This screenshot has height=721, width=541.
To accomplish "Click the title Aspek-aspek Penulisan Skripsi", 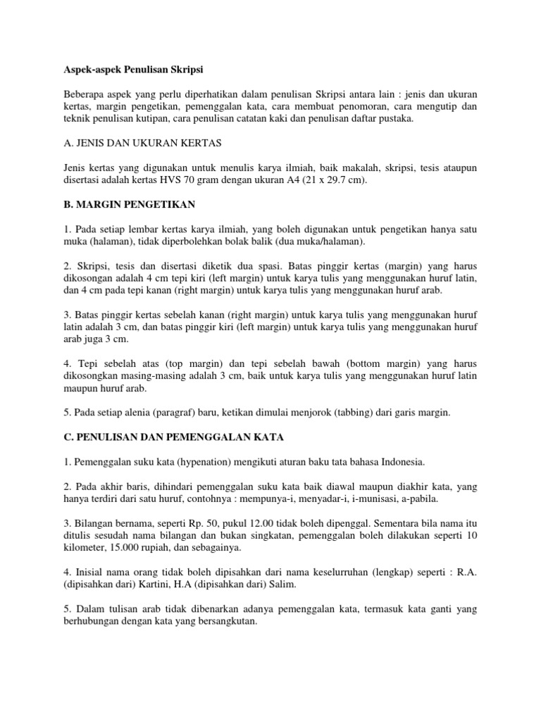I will point(131,70).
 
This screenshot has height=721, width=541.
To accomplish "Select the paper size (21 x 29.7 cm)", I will point(336,180).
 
